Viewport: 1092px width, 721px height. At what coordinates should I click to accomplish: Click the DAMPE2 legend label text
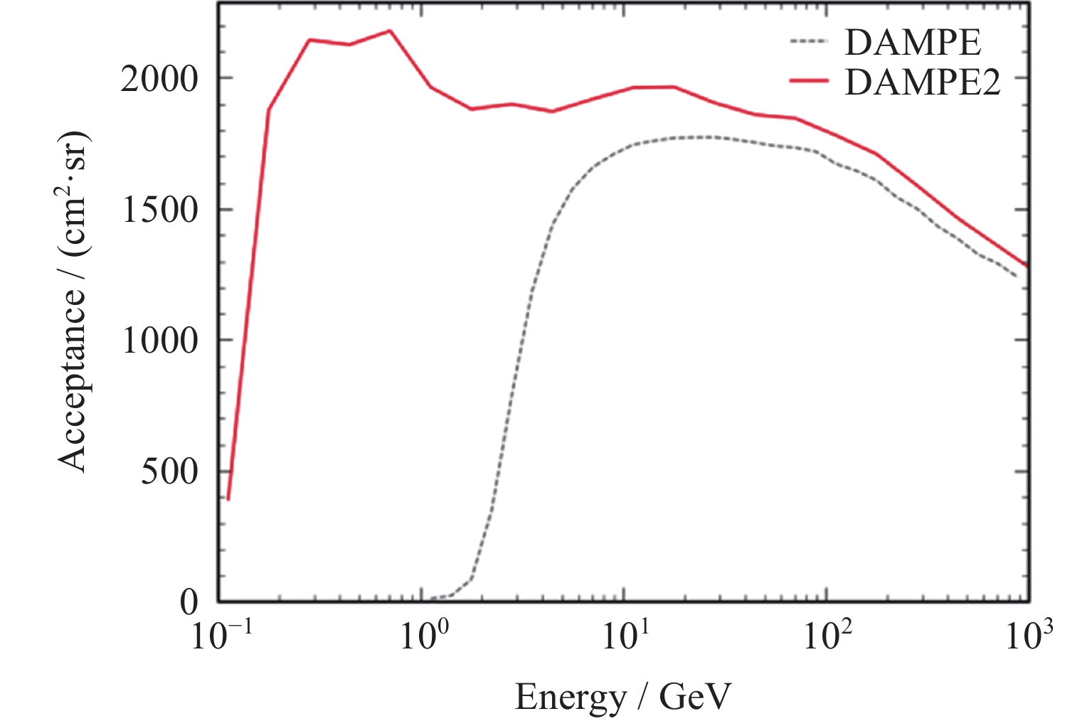pos(923,82)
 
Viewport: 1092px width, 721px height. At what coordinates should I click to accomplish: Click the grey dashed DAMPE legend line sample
pos(809,41)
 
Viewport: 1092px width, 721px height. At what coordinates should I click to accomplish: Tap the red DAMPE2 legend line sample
pos(809,81)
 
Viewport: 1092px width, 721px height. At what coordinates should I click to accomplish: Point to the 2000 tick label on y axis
pos(158,79)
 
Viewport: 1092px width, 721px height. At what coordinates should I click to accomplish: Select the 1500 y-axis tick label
pos(158,210)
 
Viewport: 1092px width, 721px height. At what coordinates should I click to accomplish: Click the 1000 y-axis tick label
pos(158,341)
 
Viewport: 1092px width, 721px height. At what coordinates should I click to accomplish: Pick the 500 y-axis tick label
pos(169,471)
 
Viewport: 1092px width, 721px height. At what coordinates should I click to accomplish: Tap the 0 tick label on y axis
pos(189,602)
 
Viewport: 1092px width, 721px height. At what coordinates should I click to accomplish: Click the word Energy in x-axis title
pos(569,698)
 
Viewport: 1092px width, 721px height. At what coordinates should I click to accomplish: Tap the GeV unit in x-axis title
pos(695,698)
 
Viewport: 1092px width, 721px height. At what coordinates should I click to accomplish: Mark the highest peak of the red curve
pos(390,31)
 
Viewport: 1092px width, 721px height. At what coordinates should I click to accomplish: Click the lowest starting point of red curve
pos(228,499)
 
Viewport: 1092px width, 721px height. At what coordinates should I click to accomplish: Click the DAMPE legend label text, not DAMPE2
pos(913,43)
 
